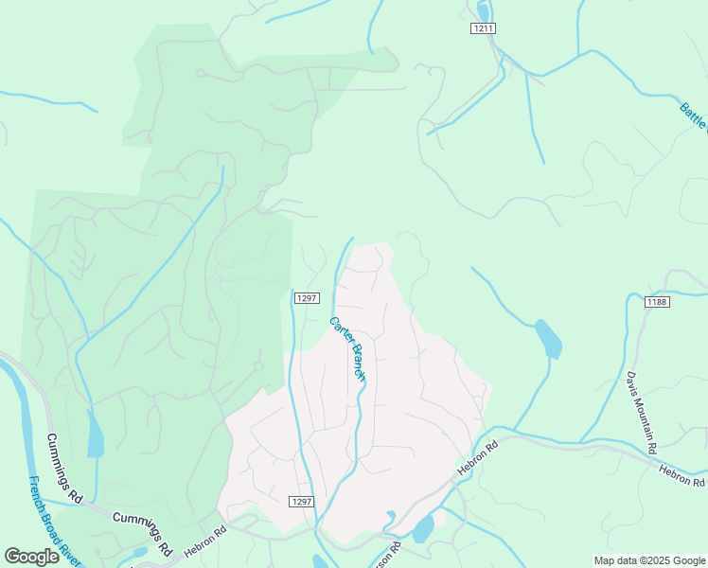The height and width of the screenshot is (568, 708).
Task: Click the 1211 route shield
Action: (x=483, y=28)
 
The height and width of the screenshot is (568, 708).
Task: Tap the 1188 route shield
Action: (x=657, y=302)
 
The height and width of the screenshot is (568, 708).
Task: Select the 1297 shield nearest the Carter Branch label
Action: (x=306, y=298)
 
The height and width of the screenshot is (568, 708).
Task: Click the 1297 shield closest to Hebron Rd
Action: (x=301, y=502)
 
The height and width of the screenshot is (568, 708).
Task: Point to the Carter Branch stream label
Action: (x=347, y=347)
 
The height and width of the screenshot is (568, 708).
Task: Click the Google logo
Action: (x=32, y=557)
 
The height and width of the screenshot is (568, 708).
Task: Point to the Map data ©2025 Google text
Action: (x=648, y=559)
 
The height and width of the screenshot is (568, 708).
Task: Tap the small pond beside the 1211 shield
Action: (x=484, y=11)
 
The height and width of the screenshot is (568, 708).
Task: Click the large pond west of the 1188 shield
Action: (x=548, y=339)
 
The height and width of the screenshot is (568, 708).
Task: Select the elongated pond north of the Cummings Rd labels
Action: (x=95, y=435)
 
